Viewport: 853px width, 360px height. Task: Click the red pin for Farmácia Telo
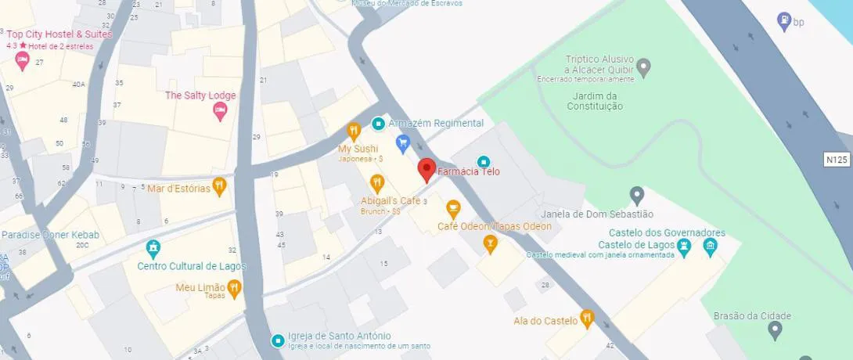[x=426, y=169]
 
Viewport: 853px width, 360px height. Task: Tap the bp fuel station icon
[x=783, y=21]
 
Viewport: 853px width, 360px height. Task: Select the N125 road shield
[x=837, y=160]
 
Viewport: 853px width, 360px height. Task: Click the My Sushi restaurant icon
[x=354, y=131]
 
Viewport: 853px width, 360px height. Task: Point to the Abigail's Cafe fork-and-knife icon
[x=377, y=184]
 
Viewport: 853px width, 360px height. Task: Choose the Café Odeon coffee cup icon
[x=452, y=209]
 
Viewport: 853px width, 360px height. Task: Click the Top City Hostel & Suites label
[x=59, y=34]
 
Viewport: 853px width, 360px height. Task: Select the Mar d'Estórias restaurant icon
[x=219, y=186]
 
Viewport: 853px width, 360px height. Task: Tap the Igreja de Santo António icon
[x=277, y=340]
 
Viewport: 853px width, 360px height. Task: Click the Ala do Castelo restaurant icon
[x=587, y=319]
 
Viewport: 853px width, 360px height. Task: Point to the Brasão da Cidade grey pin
[x=775, y=330]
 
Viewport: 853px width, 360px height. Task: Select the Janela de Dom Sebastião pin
[x=637, y=194]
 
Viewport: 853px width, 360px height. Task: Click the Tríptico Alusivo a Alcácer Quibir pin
[x=644, y=67]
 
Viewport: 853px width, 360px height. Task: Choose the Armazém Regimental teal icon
[x=378, y=124]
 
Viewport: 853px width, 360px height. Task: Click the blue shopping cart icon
[x=403, y=142]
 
